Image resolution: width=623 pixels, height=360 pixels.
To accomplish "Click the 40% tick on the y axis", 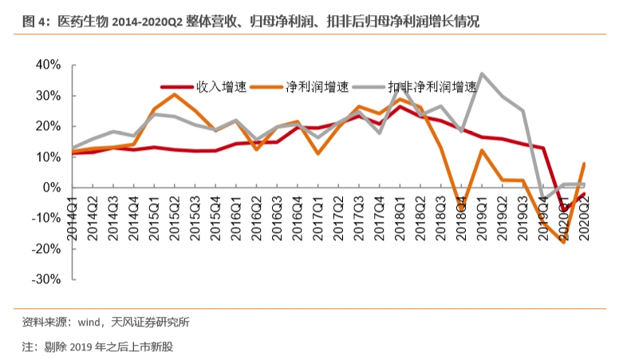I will pos(47,65).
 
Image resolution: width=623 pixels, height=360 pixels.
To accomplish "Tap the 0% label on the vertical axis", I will pos(51,188).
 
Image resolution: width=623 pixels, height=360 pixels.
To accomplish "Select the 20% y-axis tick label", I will pos(47,126).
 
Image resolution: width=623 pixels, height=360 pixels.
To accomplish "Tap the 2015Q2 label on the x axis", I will pos(175,216).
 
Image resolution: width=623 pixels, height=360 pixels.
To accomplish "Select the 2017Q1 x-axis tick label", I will pos(318,216).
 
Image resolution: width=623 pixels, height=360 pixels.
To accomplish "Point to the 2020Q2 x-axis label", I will pos(585,216).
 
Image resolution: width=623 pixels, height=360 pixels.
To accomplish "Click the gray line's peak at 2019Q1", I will pos(482,73).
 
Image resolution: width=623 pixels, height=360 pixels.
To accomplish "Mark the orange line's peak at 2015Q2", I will pos(175,94).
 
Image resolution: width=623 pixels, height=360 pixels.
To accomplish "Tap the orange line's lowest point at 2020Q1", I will pos(564,242).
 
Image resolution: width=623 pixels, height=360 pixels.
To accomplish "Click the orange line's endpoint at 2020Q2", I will pos(585,164).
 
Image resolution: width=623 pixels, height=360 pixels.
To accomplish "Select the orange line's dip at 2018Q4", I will pos(461,206).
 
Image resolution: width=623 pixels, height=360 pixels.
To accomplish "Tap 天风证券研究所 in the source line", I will pos(148,322).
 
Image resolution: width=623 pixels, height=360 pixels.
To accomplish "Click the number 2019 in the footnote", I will pos(82,346).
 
